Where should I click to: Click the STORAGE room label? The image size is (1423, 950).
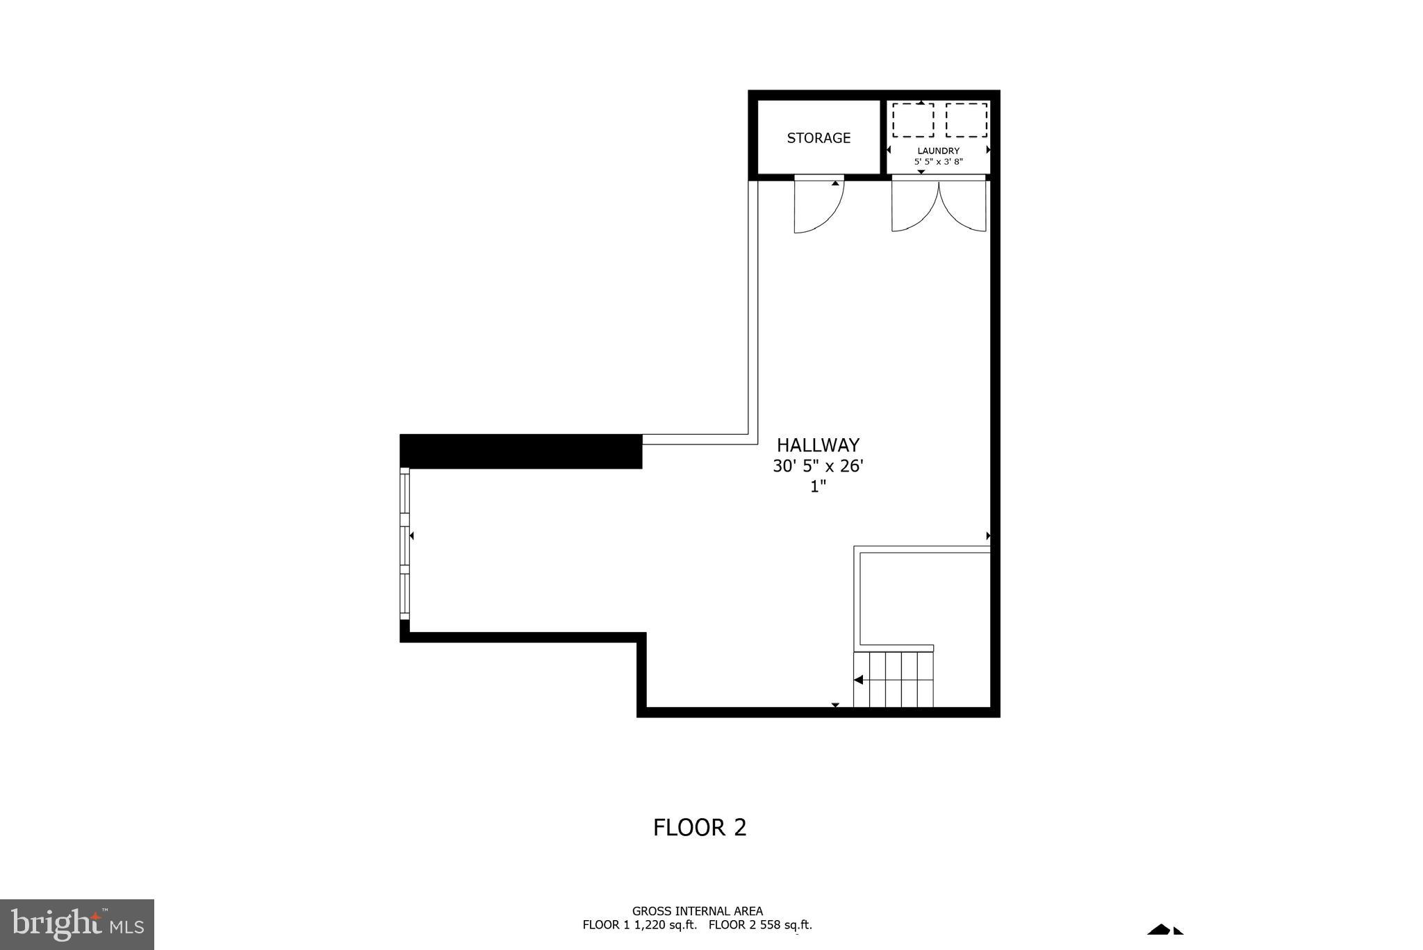pyautogui.click(x=819, y=138)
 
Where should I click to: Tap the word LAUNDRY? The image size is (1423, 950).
pyautogui.click(x=938, y=151)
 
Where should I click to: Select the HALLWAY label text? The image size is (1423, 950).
pyautogui.click(x=818, y=445)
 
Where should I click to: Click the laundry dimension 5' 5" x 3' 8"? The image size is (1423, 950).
pyautogui.click(x=938, y=162)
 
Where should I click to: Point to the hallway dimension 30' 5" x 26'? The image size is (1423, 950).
pyautogui.click(x=818, y=466)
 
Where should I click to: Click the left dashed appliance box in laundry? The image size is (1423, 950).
pyautogui.click(x=912, y=120)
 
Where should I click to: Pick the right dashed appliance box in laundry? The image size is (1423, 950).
pyautogui.click(x=967, y=120)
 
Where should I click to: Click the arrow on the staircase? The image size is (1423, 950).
pyautogui.click(x=859, y=680)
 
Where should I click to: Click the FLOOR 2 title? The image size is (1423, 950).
pyautogui.click(x=700, y=828)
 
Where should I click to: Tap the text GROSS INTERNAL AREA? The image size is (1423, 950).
pyautogui.click(x=697, y=911)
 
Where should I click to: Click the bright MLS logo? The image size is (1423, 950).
pyautogui.click(x=77, y=924)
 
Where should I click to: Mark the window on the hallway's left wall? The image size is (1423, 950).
pyautogui.click(x=404, y=544)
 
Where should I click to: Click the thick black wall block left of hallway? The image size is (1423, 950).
pyautogui.click(x=520, y=451)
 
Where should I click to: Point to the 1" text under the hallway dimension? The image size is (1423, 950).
pyautogui.click(x=818, y=487)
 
